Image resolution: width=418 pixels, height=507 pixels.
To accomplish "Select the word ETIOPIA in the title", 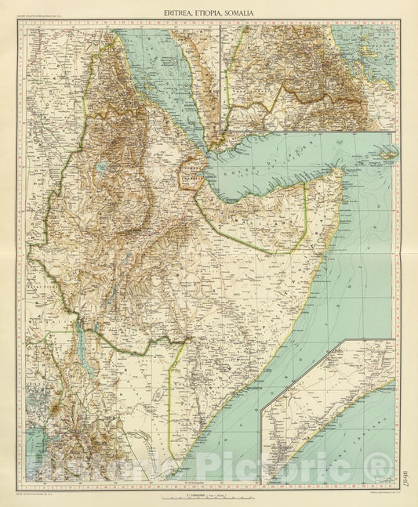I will click(210, 13).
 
